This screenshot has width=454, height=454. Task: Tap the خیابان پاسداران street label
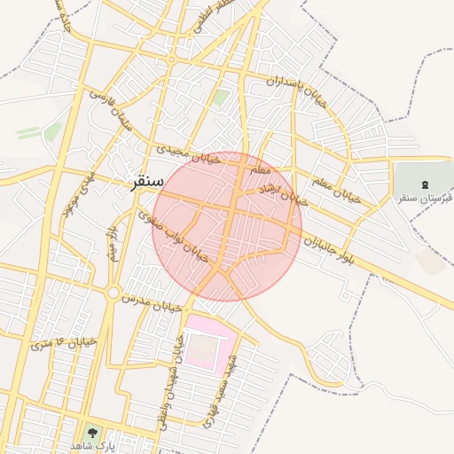coord(298,92)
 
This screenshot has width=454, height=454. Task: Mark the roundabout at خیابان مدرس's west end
coord(113,292)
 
